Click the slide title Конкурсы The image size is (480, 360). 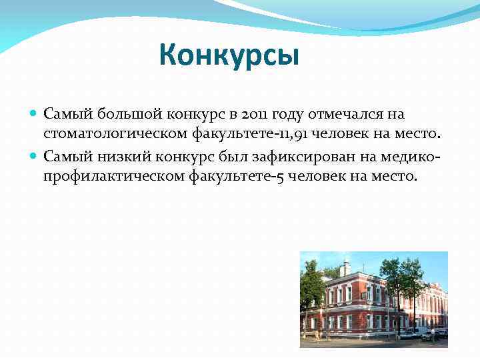[x=229, y=55]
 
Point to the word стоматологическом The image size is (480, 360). [x=114, y=135]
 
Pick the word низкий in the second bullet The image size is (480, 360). [x=119, y=156]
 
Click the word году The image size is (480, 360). [x=287, y=115]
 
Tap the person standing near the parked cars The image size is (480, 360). [x=432, y=333]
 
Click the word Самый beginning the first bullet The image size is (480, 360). [x=64, y=115]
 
